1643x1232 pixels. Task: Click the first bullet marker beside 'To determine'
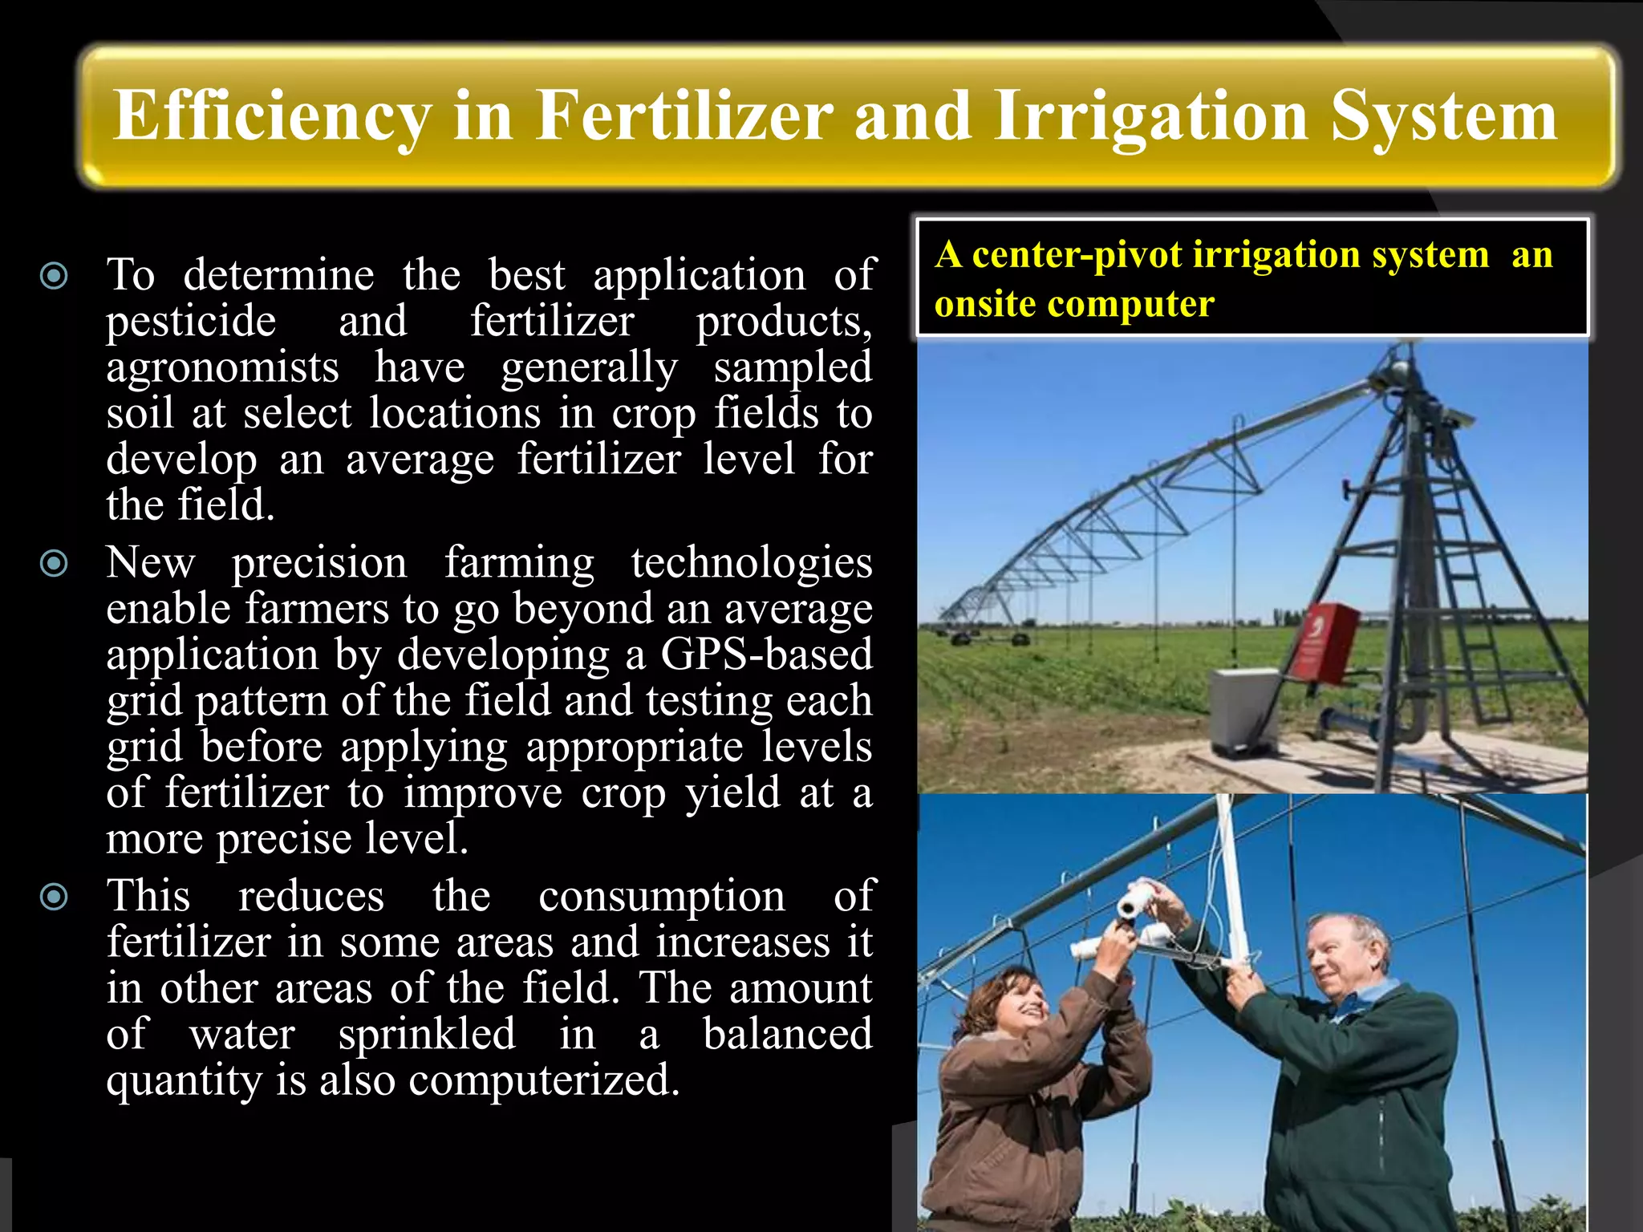(x=55, y=277)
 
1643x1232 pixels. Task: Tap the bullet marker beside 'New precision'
(x=55, y=564)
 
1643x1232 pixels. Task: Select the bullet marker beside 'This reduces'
(x=55, y=897)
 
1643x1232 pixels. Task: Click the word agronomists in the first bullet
(x=222, y=368)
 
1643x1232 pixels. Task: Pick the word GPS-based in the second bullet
(x=766, y=654)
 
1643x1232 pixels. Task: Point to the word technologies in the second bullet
(x=751, y=562)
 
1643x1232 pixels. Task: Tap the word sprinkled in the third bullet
(x=426, y=1034)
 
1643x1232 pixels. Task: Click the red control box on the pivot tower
(x=1325, y=642)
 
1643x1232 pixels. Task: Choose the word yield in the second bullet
(x=732, y=793)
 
